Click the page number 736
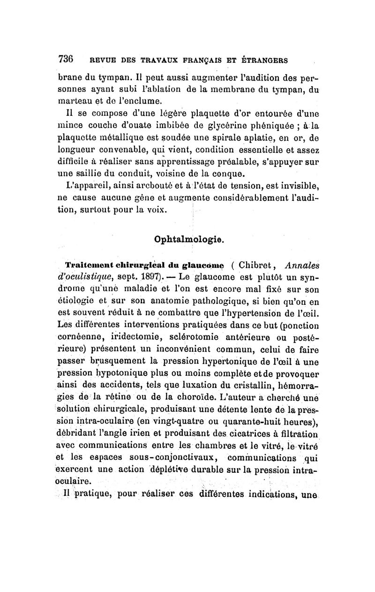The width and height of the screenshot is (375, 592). [66, 60]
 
